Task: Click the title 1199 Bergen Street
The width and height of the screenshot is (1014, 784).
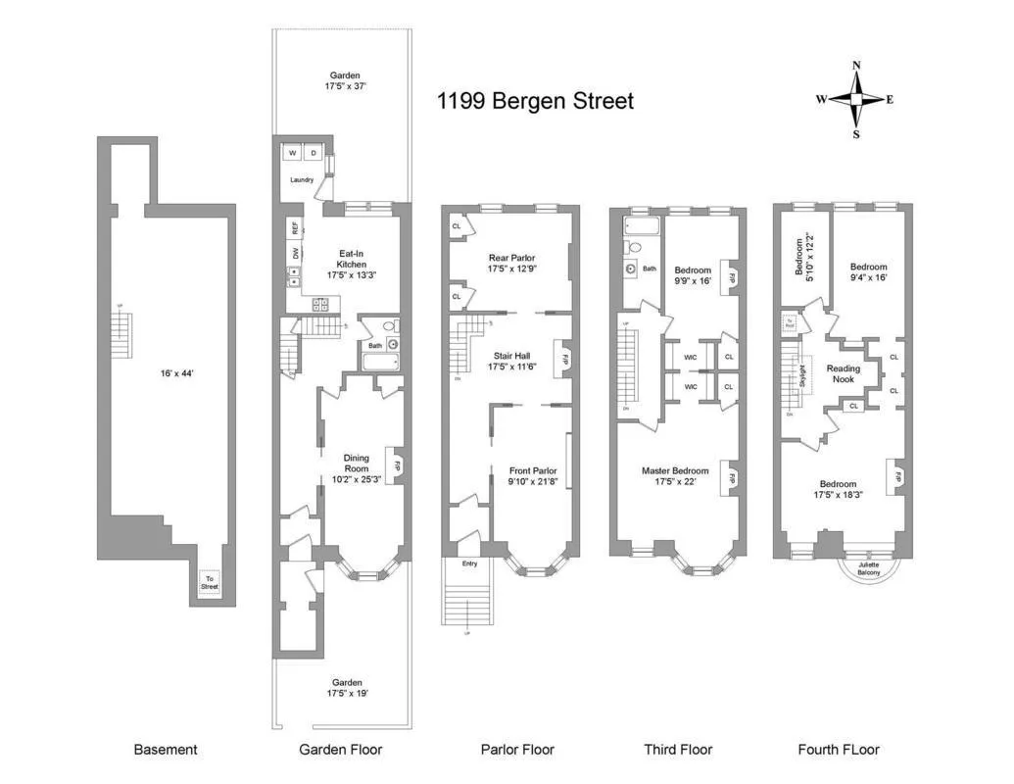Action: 535,101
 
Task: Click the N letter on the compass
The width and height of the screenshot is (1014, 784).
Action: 856,66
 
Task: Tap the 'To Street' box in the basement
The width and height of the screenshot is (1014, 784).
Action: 210,583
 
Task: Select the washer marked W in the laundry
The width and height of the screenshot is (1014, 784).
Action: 292,154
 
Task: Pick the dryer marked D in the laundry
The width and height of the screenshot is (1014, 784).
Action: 314,154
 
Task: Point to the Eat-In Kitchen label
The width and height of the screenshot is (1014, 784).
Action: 351,259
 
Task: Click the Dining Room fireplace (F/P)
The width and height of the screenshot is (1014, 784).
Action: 398,466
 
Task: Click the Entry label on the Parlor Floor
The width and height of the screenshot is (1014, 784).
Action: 469,563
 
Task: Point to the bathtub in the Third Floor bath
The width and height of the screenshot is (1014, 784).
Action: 642,229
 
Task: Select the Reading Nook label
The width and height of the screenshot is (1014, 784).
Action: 844,374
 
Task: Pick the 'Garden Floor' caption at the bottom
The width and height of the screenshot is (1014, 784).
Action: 340,750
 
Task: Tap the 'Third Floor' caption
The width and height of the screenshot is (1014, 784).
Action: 677,750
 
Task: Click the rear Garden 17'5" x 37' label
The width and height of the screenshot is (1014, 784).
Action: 344,80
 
